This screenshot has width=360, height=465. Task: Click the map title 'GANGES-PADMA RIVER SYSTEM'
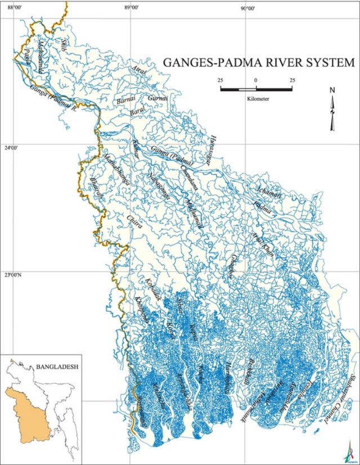259,62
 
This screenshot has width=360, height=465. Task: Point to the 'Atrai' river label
139,71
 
